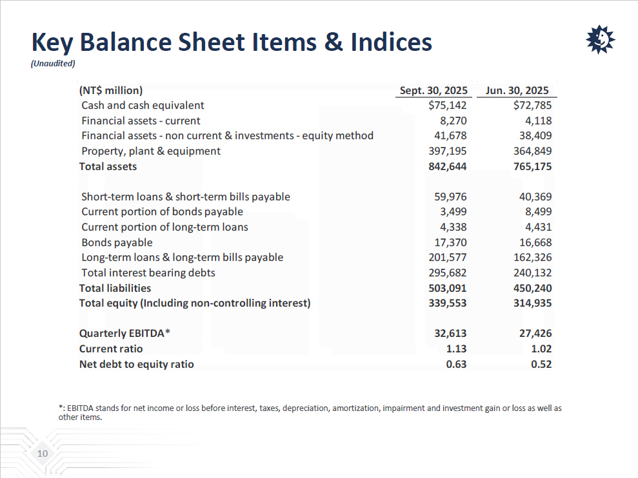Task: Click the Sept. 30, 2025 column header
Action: tap(430, 90)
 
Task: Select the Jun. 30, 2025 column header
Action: tap(517, 90)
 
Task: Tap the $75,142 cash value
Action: tap(447, 105)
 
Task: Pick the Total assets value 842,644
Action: tap(447, 166)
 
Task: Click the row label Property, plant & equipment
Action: tap(151, 151)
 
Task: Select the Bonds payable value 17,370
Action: tap(450, 242)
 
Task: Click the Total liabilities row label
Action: tap(115, 288)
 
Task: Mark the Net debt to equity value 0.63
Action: tap(456, 364)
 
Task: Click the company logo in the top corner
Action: tap(600, 41)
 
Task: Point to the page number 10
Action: tap(43, 454)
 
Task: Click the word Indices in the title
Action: tap(391, 43)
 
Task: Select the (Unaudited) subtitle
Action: tap(54, 63)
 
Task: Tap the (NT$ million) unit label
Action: tap(110, 90)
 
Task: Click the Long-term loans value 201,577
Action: tap(447, 257)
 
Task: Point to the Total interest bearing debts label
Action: tap(148, 272)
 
